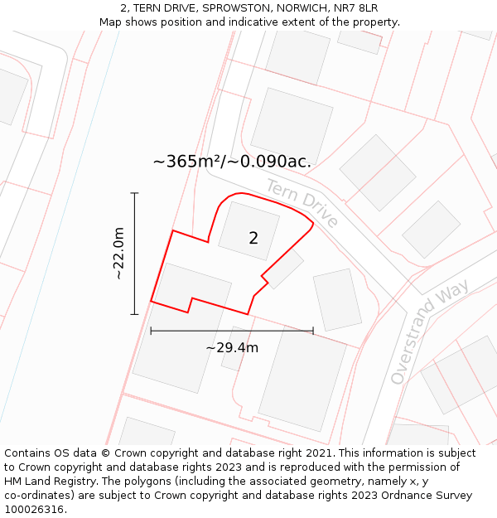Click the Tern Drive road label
coord(302,202)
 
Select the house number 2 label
coord(253,239)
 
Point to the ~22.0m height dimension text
coord(118,253)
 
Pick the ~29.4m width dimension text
coord(232,347)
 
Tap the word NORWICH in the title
coord(300,8)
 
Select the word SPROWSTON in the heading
coord(232,8)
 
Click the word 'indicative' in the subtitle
coord(257,22)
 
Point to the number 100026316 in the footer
coord(34,510)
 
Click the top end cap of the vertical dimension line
coord(134,193)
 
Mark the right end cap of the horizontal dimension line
coord(313,331)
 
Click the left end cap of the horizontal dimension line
coord(151,331)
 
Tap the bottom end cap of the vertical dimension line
coord(134,314)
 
